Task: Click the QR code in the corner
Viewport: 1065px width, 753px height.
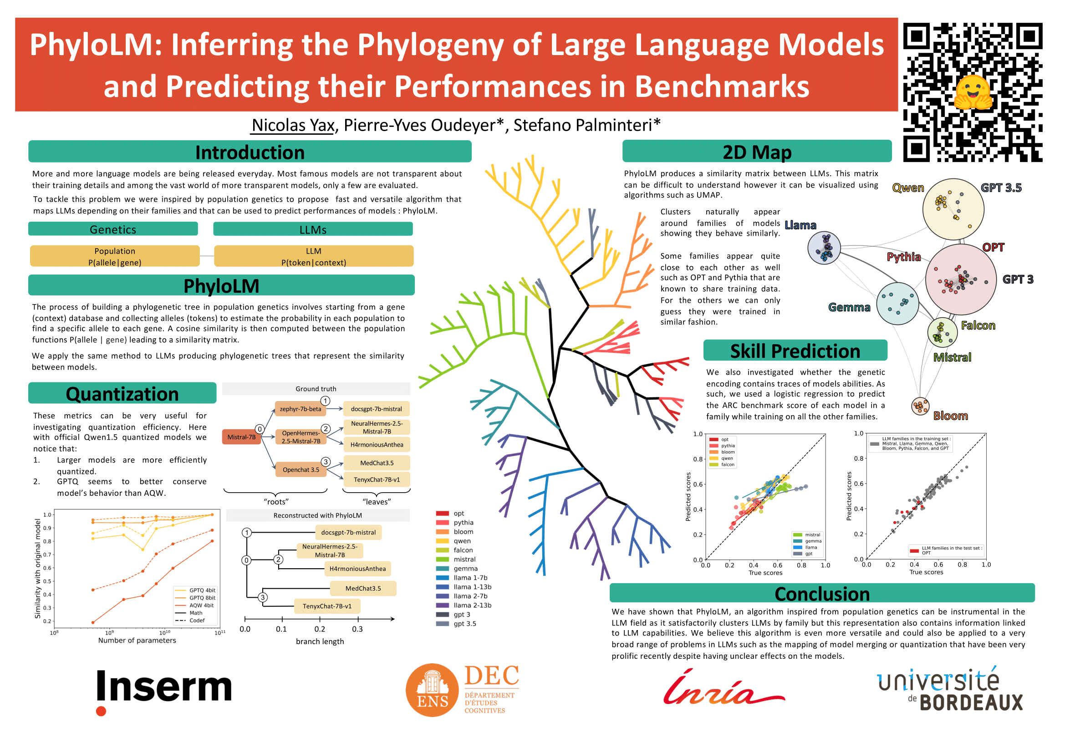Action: coord(972,92)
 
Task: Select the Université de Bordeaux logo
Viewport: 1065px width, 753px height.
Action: coord(949,689)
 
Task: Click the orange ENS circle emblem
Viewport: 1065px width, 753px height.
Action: coord(432,690)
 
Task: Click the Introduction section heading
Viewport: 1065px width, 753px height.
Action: coord(250,152)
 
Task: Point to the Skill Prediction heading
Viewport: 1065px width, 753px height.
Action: coord(795,351)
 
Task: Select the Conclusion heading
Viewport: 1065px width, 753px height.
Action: coord(822,594)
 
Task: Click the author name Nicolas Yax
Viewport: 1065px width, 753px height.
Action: coord(293,125)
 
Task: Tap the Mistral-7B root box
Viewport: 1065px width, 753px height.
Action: coord(241,437)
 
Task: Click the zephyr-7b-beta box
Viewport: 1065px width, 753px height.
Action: coord(300,408)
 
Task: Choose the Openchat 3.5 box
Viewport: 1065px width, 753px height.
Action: coord(301,470)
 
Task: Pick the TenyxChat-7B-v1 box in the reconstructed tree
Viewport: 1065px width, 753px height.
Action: coord(327,606)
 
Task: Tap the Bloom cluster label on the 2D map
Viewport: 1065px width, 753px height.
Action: coord(950,416)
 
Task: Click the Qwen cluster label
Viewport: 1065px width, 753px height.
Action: coord(908,188)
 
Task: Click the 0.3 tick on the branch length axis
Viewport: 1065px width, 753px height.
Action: coord(357,629)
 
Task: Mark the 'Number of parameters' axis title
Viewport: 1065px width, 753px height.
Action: coord(137,641)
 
